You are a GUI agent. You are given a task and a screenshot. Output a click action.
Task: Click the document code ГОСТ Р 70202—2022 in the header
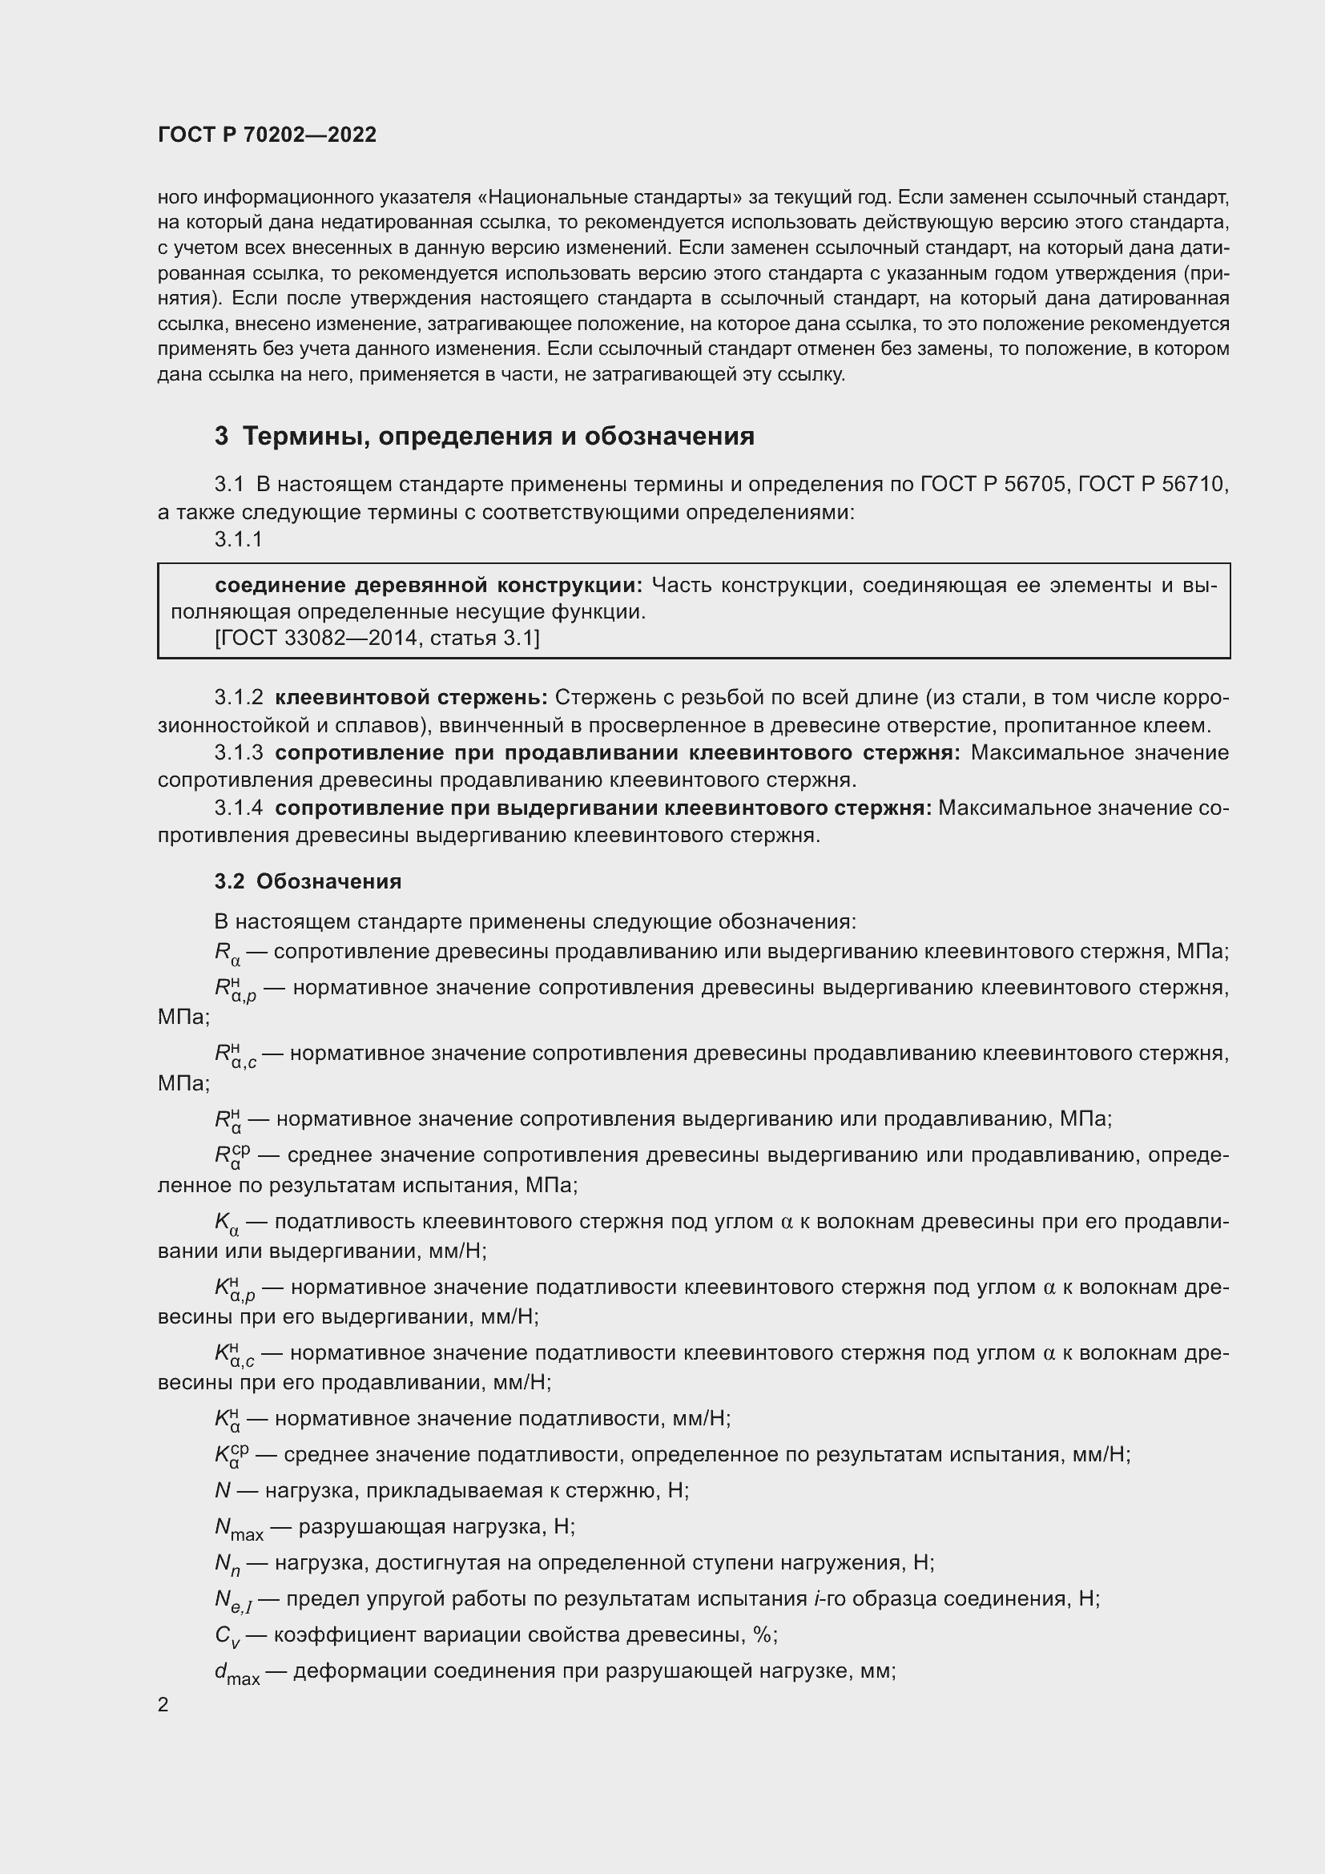(x=267, y=135)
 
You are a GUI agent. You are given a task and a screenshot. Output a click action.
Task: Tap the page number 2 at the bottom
(x=163, y=1705)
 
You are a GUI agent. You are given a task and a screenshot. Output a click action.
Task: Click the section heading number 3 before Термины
(x=221, y=437)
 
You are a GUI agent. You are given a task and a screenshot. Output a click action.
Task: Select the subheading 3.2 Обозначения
(x=308, y=881)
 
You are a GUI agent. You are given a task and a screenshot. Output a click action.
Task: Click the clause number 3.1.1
(x=238, y=539)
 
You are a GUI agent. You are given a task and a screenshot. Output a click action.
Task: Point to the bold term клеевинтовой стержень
(x=411, y=698)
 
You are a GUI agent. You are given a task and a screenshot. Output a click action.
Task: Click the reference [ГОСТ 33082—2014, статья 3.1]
(x=377, y=639)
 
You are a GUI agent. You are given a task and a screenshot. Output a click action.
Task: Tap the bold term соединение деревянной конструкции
(x=429, y=586)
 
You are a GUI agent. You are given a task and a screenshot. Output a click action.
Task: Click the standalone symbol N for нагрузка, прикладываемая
(x=223, y=1491)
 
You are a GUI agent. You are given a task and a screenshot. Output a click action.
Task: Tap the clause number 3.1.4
(x=238, y=808)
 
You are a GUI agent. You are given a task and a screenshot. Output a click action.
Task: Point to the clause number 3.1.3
(x=238, y=752)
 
